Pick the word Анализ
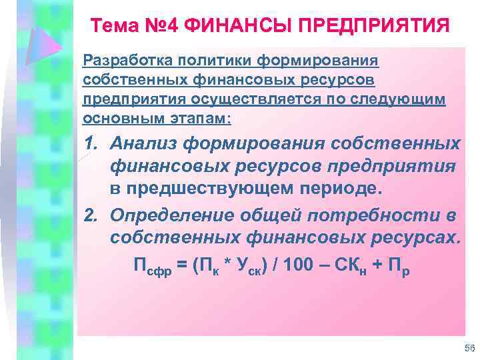tap(143, 144)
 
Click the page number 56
tap(468, 349)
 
